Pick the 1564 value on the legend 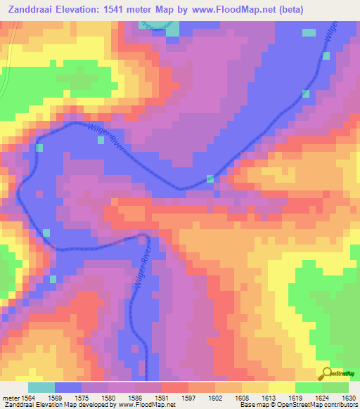pos(28,397)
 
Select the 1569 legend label pos(55,397)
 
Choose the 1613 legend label pos(269,397)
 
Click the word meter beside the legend pos(10,397)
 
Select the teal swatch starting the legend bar pos(41,387)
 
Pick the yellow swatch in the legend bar pos(281,387)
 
